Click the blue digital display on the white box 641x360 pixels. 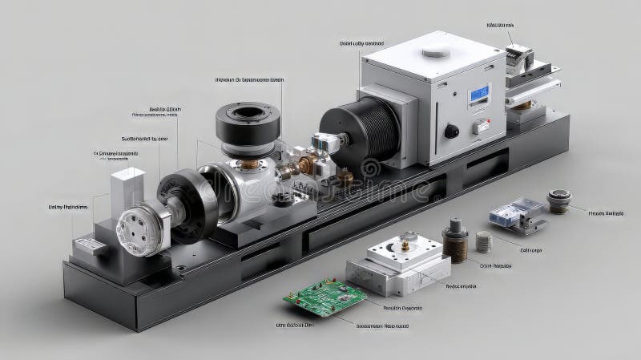coord(478,95)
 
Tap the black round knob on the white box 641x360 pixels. coord(452,131)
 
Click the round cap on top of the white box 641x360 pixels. coord(436,52)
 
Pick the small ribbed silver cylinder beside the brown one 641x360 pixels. coord(482,241)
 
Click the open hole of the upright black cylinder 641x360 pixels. coord(247,115)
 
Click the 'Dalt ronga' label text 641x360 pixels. coord(530,250)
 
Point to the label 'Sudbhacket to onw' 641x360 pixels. coord(144,138)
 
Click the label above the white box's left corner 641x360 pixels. coord(361,43)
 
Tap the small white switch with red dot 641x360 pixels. coord(482,126)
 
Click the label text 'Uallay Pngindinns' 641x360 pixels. coord(69,207)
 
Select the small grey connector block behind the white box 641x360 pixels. coord(519,56)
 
